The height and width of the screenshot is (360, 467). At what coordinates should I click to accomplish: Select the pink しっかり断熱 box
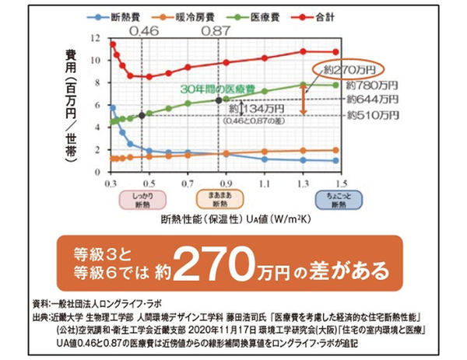(x=141, y=201)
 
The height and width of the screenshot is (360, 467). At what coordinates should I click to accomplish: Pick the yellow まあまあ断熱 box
(x=219, y=201)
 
